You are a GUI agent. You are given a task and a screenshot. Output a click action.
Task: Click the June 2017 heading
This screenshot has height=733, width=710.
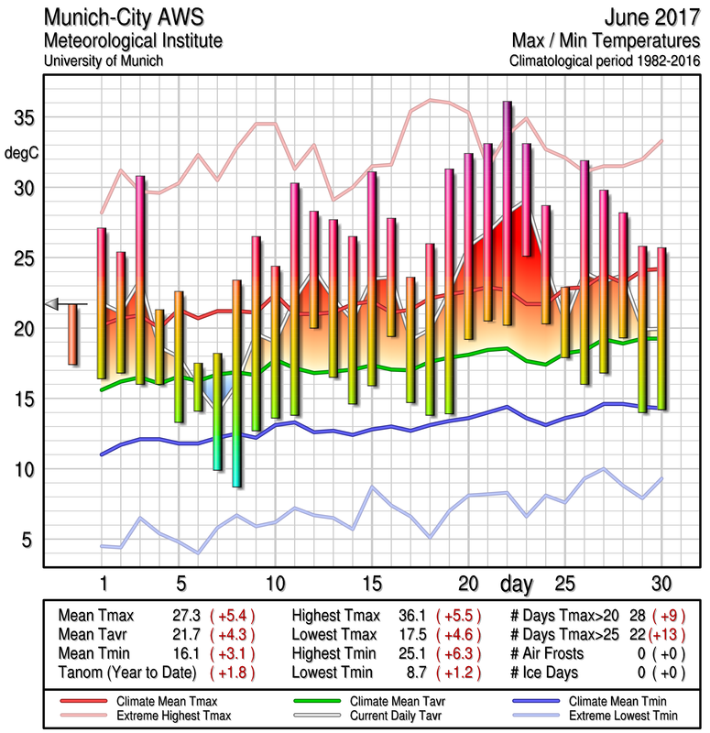(x=652, y=18)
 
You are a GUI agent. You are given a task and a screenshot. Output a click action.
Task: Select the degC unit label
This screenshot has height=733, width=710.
(x=22, y=153)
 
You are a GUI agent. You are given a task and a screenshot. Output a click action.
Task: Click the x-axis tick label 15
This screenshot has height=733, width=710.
(x=371, y=584)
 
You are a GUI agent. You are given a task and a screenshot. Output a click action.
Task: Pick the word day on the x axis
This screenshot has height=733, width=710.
(x=519, y=584)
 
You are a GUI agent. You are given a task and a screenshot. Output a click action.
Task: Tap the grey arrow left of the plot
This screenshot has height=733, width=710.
(x=52, y=303)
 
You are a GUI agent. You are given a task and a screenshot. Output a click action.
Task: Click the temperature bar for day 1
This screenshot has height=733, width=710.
(x=102, y=302)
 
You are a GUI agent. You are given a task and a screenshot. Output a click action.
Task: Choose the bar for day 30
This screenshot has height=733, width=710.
(x=661, y=328)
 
